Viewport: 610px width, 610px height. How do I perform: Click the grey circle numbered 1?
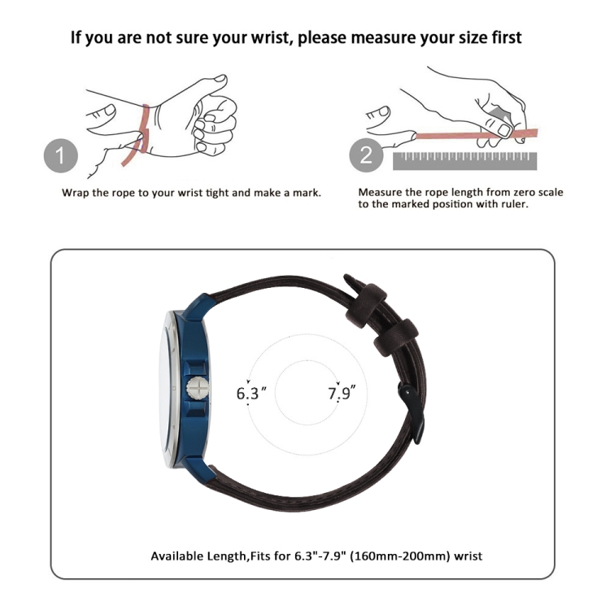tap(61, 155)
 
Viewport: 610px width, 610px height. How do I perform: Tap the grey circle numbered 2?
tap(366, 155)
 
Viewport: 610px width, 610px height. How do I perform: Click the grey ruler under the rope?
tap(465, 161)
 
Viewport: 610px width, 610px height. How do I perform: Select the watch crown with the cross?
tap(198, 388)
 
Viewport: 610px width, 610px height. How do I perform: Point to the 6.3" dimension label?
tap(251, 393)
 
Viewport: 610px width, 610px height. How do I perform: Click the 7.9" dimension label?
tap(342, 393)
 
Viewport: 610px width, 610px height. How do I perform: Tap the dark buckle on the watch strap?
tap(412, 412)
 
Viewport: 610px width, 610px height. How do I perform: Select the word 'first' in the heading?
tap(506, 37)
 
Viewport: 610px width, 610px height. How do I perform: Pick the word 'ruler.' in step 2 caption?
tap(515, 204)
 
